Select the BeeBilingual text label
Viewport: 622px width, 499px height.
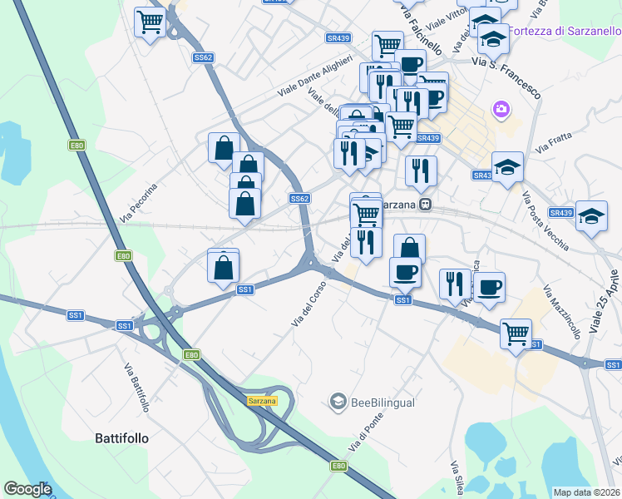[x=383, y=403]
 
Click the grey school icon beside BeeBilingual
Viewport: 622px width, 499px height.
[x=338, y=403]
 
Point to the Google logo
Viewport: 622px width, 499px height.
[x=27, y=489]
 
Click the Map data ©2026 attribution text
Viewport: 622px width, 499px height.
[x=587, y=492]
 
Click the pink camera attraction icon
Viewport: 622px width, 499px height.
[x=501, y=109]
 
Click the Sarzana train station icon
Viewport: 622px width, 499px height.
[x=425, y=204]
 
